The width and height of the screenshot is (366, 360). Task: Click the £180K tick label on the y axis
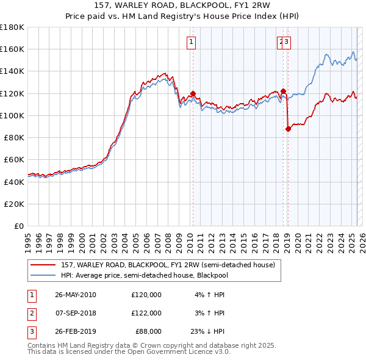[x=12, y=27]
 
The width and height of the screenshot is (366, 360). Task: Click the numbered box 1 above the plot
[x=192, y=42]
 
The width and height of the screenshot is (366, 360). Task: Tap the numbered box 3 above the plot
[x=286, y=42]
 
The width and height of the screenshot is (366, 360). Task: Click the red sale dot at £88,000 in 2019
[x=288, y=129]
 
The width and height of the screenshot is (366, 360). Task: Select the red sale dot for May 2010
[x=193, y=94]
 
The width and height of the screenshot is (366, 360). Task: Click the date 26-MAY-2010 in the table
[x=76, y=295]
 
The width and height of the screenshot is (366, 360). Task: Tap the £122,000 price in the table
[x=146, y=313]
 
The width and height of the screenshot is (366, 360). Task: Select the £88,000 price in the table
[x=148, y=331]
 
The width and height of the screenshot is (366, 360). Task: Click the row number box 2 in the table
[x=31, y=313]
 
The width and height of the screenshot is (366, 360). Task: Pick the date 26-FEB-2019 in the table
[x=76, y=331]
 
